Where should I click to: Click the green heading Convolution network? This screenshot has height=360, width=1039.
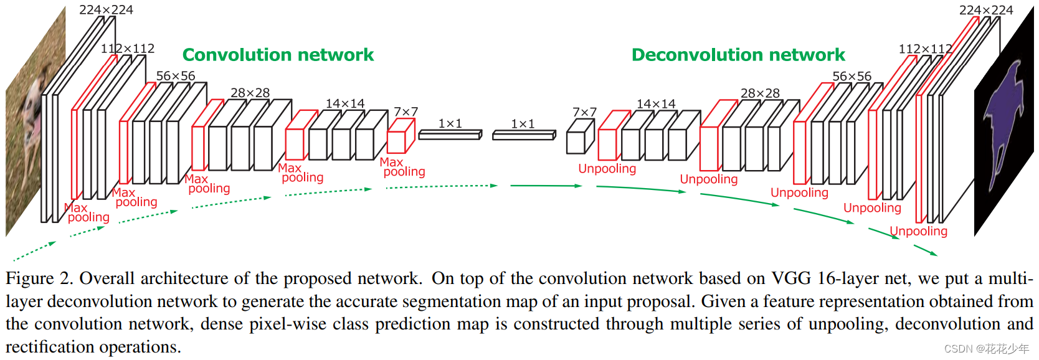pyautogui.click(x=278, y=55)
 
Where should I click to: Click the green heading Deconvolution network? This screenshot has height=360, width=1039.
pyautogui.click(x=738, y=55)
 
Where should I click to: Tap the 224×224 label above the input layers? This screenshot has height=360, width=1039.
pyautogui.click(x=106, y=9)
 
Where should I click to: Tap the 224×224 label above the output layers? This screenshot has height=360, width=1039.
pyautogui.click(x=986, y=10)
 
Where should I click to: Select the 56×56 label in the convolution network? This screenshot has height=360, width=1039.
pyautogui.click(x=175, y=75)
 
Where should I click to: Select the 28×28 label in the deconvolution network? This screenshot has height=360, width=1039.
pyautogui.click(x=760, y=93)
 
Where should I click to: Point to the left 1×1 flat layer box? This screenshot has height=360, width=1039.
pyautogui.click(x=450, y=135)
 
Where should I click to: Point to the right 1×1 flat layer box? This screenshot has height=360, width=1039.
pyautogui.click(x=523, y=135)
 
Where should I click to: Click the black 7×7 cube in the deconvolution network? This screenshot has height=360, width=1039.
pyautogui.click(x=579, y=138)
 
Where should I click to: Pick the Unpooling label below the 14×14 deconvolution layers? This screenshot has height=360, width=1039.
pyautogui.click(x=607, y=169)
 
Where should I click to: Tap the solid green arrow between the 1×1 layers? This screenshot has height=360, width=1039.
pyautogui.click(x=545, y=186)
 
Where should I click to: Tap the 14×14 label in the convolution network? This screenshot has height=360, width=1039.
pyautogui.click(x=344, y=103)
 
